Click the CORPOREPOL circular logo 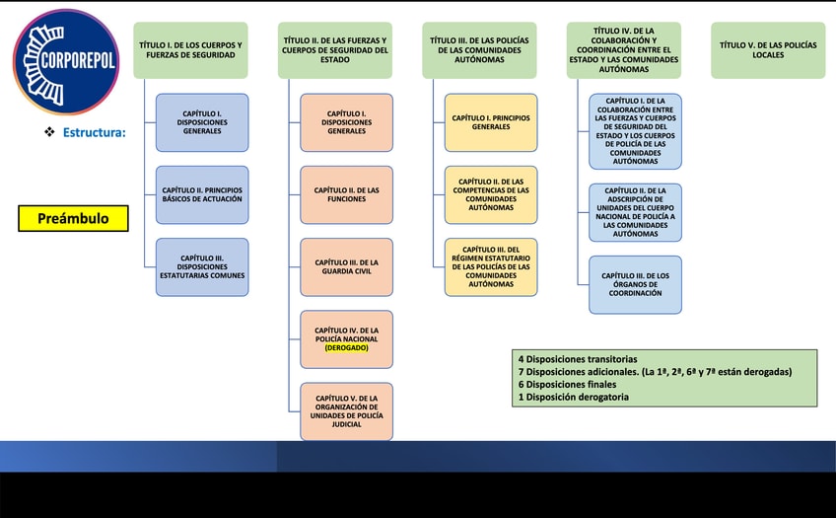coord(65,61)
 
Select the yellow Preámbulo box coord(73,218)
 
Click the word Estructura coord(94,132)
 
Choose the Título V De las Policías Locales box coord(768,50)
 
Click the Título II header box coord(335,50)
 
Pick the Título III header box coord(480,50)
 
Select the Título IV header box coord(624,50)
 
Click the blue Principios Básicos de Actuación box coord(202,194)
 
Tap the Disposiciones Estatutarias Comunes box coord(202,266)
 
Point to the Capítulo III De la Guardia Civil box coord(346,267)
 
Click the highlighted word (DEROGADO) coord(346,348)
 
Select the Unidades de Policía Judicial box coord(346,411)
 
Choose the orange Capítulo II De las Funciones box coord(346,194)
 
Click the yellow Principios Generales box coord(491,122)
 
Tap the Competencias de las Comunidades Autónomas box coord(491,194)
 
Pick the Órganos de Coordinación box coord(635,284)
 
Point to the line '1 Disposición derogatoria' coord(574,398)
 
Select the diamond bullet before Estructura coord(49,132)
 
